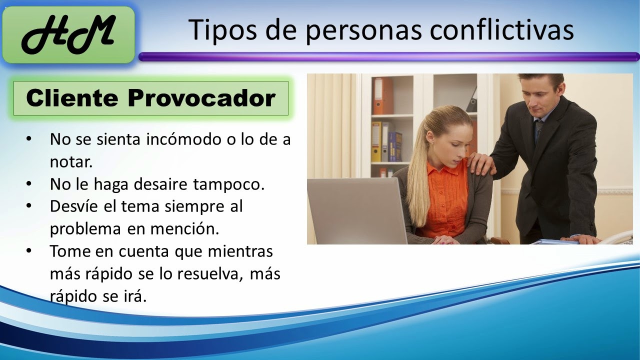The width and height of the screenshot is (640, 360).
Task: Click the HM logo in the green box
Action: pos(68,35)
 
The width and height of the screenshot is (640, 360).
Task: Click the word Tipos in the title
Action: pos(216,30)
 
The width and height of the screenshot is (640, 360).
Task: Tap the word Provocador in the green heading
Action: pos(201,98)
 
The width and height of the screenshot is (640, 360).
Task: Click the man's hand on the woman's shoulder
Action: pos(480,162)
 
